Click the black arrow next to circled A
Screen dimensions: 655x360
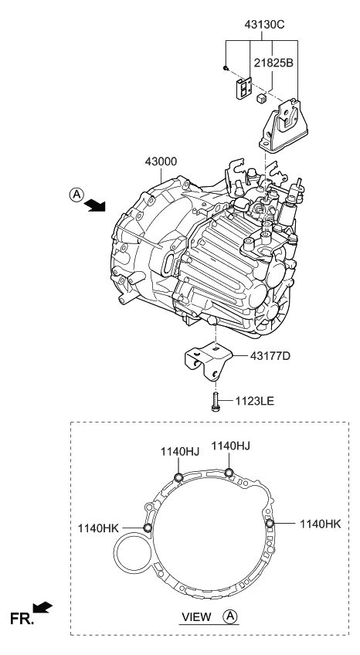[96, 205]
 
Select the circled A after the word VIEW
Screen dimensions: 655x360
[229, 616]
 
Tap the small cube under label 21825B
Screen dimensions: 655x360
[263, 100]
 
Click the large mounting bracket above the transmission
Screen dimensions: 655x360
[285, 124]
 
